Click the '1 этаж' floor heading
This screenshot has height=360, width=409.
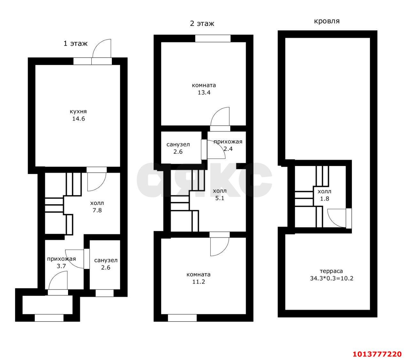click(75, 43)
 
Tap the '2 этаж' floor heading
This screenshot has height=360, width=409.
click(202, 24)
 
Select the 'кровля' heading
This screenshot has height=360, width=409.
click(327, 21)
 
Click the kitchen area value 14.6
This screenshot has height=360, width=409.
click(79, 119)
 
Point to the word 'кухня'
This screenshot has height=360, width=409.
click(78, 112)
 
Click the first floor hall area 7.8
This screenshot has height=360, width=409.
click(97, 210)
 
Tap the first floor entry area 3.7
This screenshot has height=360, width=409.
click(61, 266)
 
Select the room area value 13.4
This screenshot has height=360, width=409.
click(204, 92)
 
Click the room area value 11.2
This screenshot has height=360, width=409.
click(198, 282)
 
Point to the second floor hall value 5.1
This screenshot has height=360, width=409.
click(220, 198)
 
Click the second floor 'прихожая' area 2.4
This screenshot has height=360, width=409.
click(228, 149)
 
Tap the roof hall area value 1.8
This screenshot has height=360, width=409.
click(324, 199)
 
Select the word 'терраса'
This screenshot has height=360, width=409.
click(331, 271)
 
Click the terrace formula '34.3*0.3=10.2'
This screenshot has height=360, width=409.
click(331, 278)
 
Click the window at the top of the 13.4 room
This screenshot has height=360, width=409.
click(213, 38)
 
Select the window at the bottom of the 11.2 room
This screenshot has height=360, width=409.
click(182, 318)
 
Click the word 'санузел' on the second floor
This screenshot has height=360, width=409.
click(178, 145)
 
